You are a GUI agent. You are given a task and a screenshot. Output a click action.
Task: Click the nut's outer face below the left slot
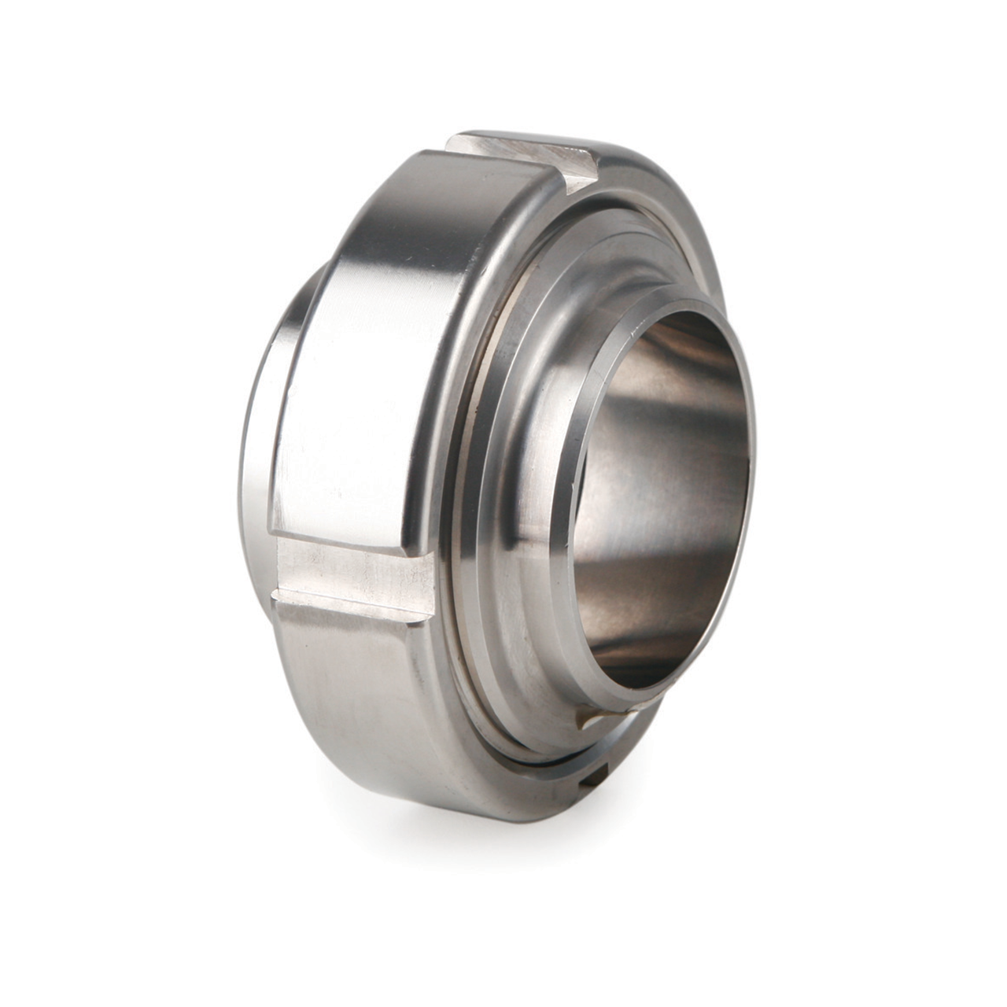coord(354,692)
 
